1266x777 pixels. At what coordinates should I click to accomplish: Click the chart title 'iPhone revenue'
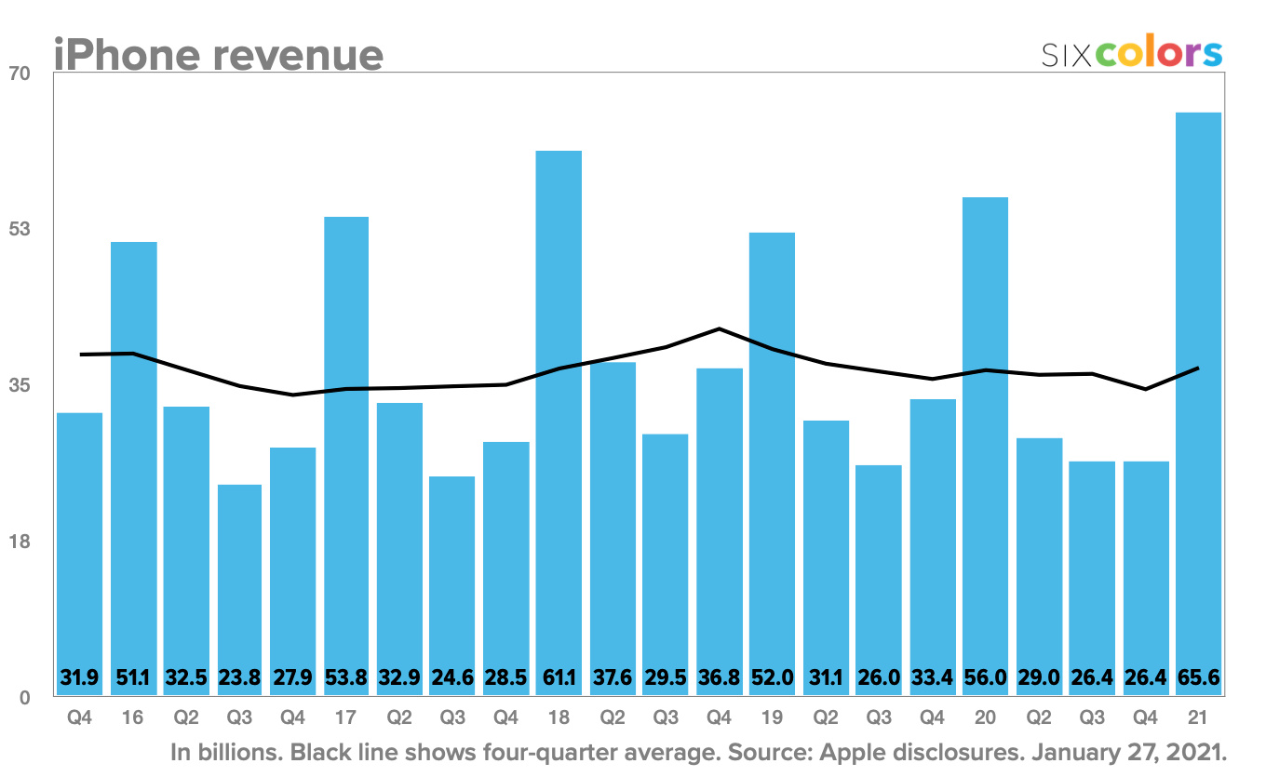point(218,54)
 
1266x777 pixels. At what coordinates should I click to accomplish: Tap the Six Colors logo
point(1131,53)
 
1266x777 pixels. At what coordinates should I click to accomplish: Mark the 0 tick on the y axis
point(24,698)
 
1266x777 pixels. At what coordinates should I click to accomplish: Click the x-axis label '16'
point(133,720)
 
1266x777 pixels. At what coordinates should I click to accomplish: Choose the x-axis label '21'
point(1198,720)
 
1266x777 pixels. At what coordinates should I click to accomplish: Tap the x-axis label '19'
point(772,720)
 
